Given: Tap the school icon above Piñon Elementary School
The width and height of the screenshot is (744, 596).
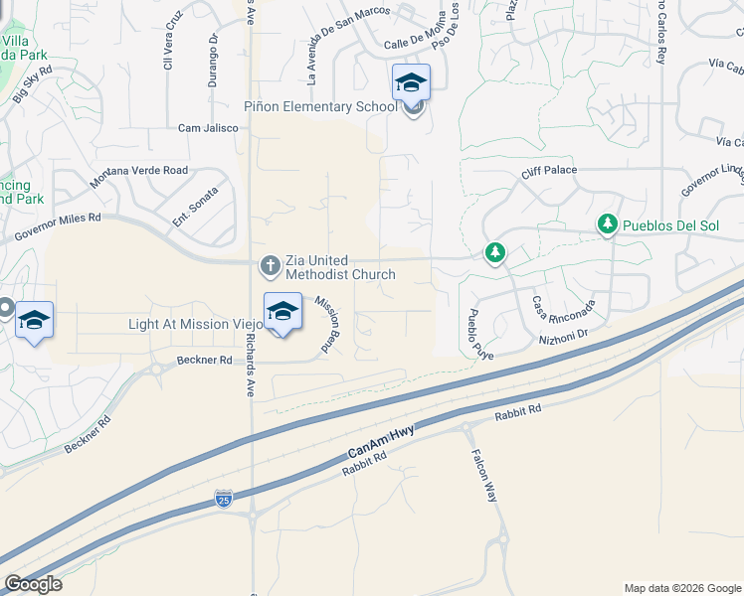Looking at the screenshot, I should click(x=411, y=83).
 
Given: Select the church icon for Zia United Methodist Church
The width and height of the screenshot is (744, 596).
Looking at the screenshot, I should click(x=269, y=265).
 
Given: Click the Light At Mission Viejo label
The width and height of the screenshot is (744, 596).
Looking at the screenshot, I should click(x=196, y=324).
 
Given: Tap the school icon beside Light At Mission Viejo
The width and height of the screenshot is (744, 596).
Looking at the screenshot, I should click(x=282, y=312).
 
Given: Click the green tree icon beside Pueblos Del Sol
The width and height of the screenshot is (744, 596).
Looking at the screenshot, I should click(x=607, y=225).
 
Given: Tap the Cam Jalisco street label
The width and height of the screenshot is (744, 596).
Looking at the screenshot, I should click(x=208, y=128).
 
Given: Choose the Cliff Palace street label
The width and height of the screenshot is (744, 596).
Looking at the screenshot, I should click(x=549, y=170).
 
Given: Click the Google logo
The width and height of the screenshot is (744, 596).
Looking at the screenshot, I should click(x=33, y=584).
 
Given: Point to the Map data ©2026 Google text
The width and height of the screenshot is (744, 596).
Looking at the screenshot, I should click(x=681, y=588).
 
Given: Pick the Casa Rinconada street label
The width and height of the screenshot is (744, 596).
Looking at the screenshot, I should click(x=564, y=307).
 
